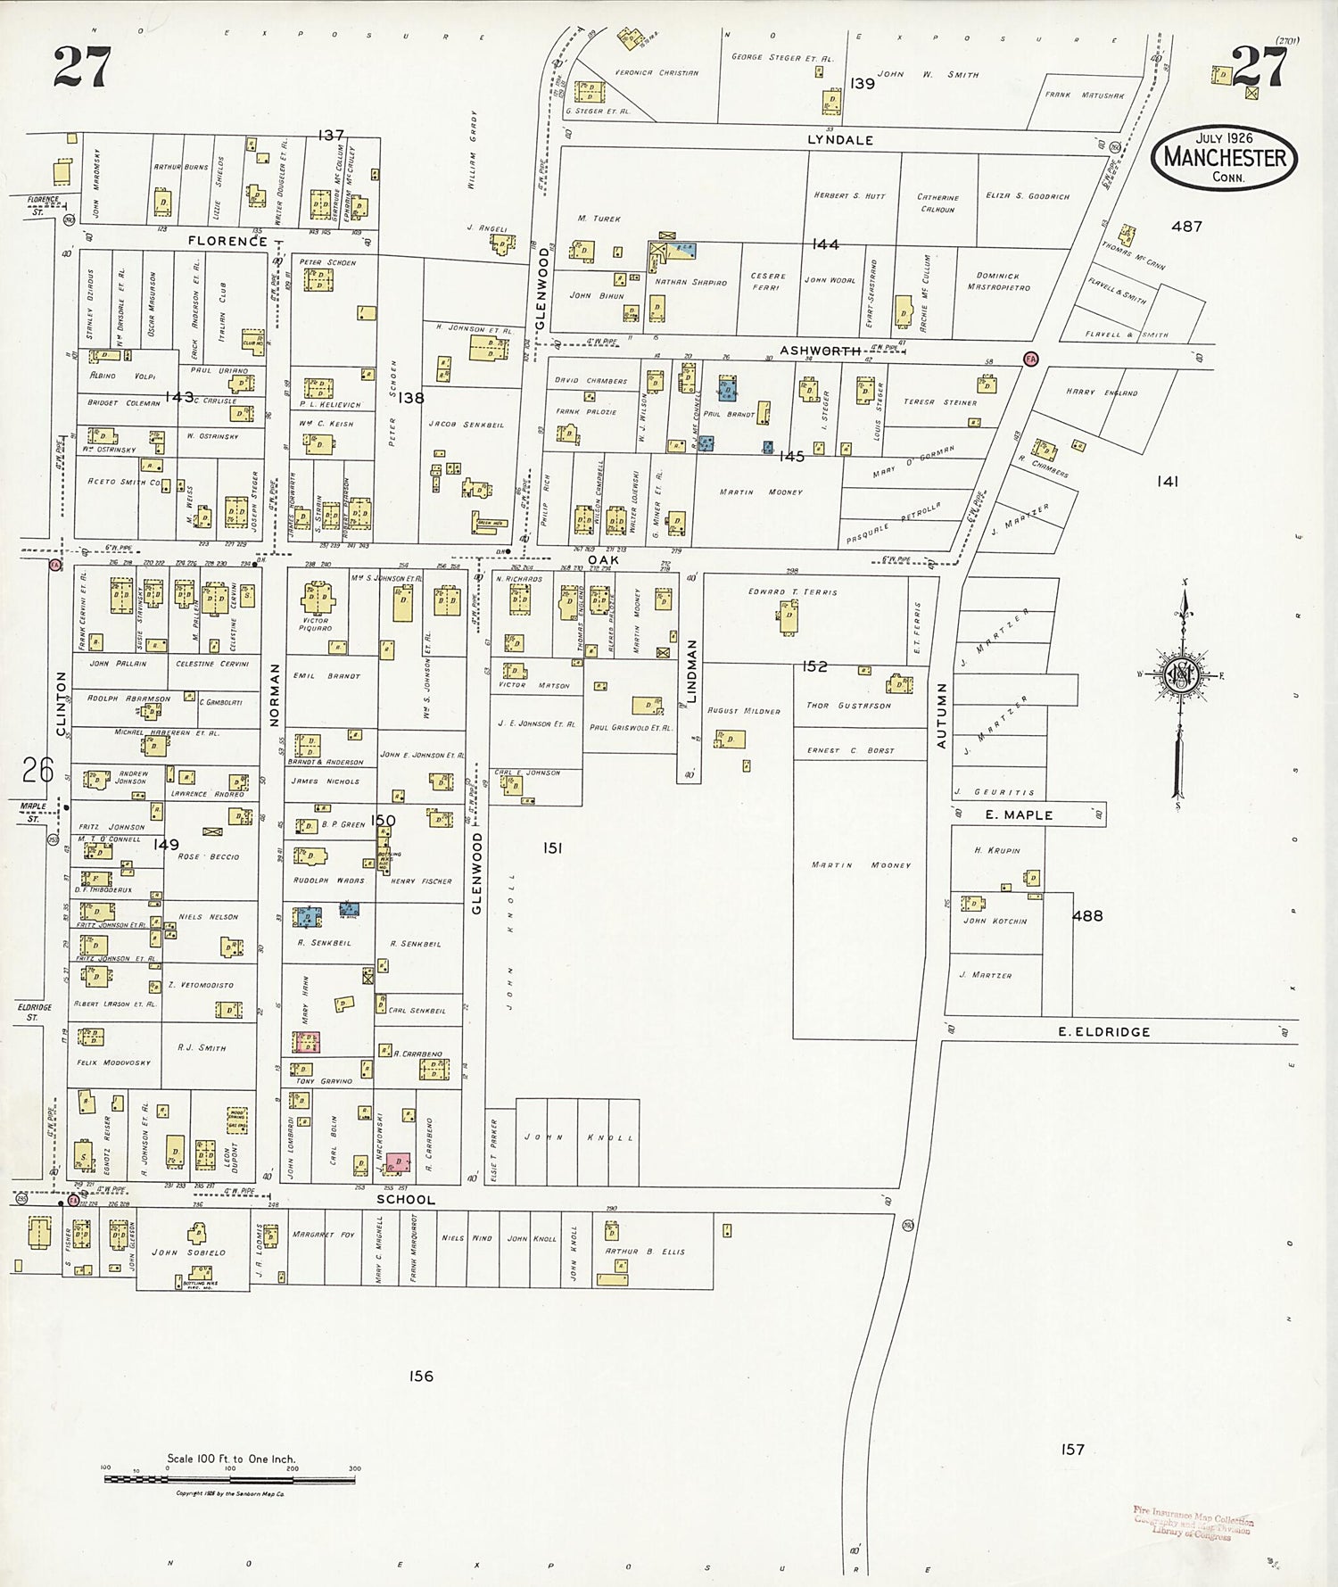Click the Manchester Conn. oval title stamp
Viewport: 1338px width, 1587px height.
[x=1224, y=157]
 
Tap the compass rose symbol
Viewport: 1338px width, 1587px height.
[x=1182, y=675]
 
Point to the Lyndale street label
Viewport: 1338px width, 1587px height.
[x=840, y=140]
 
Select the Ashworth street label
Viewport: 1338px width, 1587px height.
[x=820, y=351]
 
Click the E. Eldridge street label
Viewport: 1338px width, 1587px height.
[x=1103, y=1032]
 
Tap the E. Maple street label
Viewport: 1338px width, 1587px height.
[x=1019, y=814]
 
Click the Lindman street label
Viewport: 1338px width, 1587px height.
[x=691, y=671]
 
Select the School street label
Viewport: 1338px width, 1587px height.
[x=406, y=1200]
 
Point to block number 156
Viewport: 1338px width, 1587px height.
[x=421, y=1376]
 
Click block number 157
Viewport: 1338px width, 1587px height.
[x=1072, y=1450]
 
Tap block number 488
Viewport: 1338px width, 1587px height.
[x=1087, y=915]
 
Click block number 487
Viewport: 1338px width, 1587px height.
[x=1186, y=227]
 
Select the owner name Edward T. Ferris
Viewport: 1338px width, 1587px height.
[x=792, y=591]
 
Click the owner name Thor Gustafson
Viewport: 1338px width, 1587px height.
[x=848, y=705]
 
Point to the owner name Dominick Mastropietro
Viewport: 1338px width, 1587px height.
[x=997, y=282]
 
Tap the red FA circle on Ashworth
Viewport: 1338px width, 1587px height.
[x=1031, y=359]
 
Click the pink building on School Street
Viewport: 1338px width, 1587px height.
[x=397, y=1162]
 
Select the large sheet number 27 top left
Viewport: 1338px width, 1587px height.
[x=82, y=67]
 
